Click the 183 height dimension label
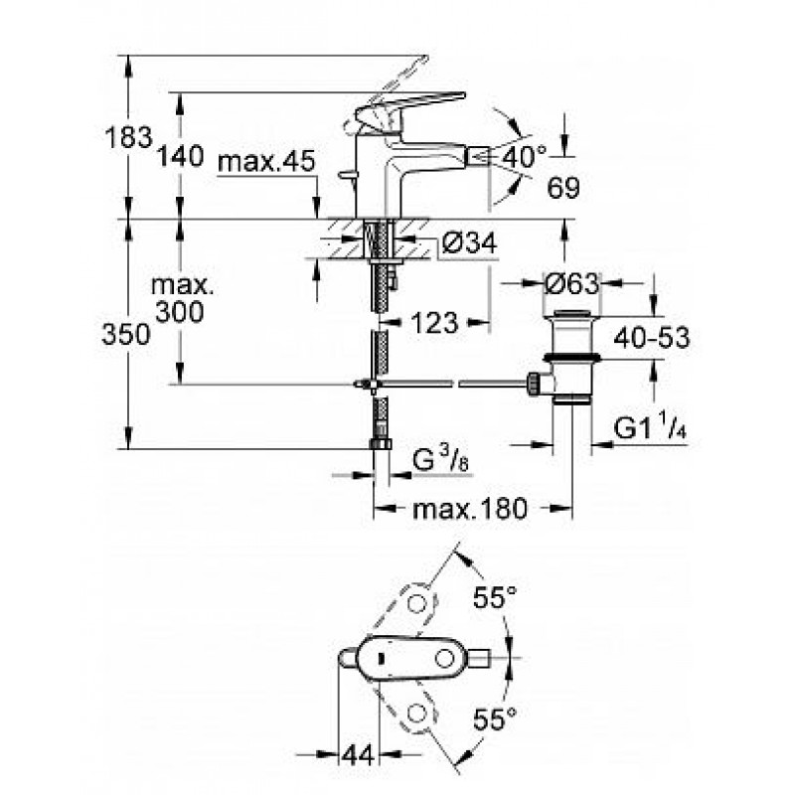[x=128, y=137]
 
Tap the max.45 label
[x=266, y=162]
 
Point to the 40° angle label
[x=525, y=157]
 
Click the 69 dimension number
[x=563, y=188]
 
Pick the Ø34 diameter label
[x=469, y=242]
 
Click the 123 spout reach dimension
[x=434, y=323]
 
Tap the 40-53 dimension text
[x=652, y=337]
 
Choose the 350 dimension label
[x=126, y=335]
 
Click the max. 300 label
[x=182, y=299]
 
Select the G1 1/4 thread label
[x=650, y=426]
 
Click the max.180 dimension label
[x=470, y=509]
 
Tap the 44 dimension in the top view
[x=358, y=755]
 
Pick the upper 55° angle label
[x=495, y=597]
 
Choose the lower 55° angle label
[x=495, y=718]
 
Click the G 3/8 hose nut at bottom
[x=381, y=444]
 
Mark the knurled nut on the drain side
[x=534, y=384]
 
